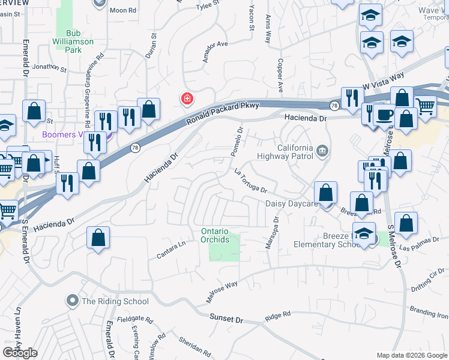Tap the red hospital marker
(187, 98)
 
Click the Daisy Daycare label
(291, 204)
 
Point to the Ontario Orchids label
(215, 236)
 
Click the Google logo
(20, 353)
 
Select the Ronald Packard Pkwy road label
(223, 112)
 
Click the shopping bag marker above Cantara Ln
(98, 238)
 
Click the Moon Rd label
(124, 10)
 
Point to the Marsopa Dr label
(272, 233)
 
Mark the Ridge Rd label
(277, 314)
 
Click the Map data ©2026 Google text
(412, 355)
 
